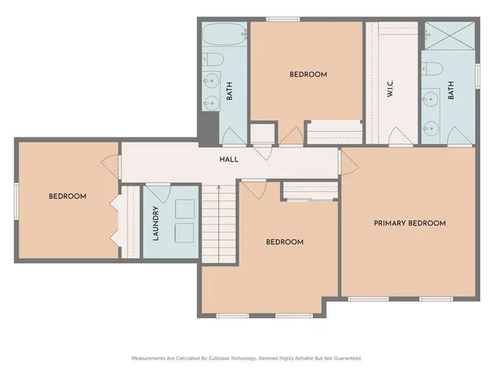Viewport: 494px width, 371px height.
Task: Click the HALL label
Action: (229, 159)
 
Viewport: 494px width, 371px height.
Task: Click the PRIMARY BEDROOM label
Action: (409, 223)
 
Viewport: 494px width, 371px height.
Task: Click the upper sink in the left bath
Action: (212, 82)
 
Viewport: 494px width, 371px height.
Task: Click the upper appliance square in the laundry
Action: (184, 205)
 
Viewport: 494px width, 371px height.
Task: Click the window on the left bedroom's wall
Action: (16, 200)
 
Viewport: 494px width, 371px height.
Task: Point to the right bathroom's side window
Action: (477, 72)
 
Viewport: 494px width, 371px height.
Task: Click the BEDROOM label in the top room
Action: (308, 75)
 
